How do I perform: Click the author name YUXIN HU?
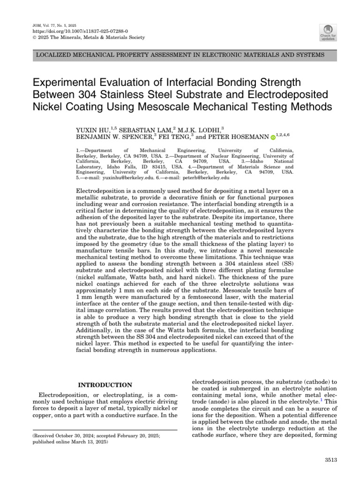pos(91,129)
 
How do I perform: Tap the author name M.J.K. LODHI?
pos(200,129)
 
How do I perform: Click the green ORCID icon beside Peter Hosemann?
pos(273,138)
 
